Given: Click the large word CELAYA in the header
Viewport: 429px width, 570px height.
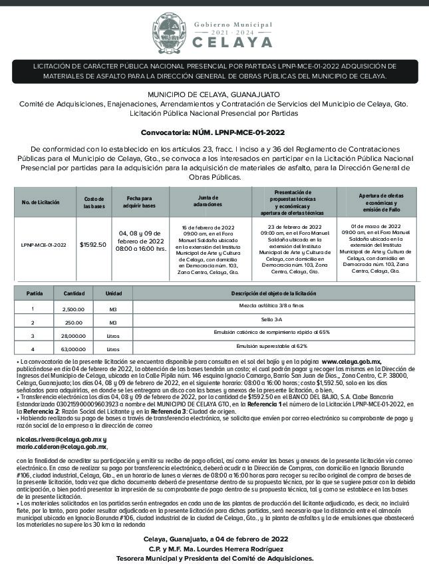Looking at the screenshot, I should (x=233, y=42).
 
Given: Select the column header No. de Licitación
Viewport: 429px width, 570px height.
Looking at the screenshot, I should (x=41, y=201).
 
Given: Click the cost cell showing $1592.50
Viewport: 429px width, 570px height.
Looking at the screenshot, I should (x=93, y=244).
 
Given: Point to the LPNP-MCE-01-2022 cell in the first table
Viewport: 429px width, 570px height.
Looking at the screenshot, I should (x=44, y=244).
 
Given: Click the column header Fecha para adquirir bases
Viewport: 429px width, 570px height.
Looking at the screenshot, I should (x=140, y=201).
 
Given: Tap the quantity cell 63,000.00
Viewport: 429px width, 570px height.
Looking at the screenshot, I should (x=73, y=349).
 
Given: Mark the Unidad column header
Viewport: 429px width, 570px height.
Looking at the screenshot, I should (x=114, y=293).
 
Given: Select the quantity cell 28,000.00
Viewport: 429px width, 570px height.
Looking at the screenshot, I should (x=74, y=336).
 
